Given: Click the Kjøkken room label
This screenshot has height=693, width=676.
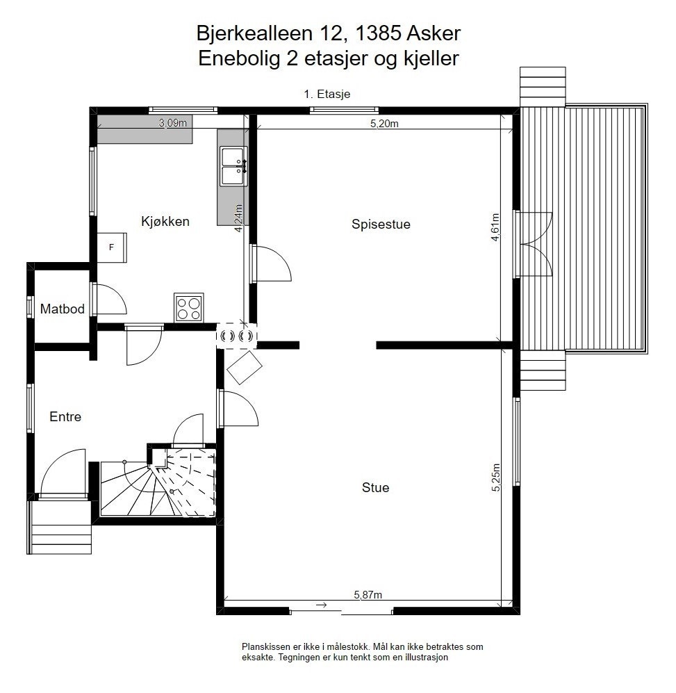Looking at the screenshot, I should [x=165, y=222].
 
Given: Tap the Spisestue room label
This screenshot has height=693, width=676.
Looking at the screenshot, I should [x=381, y=225].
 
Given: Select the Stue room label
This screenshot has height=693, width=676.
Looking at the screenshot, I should [x=375, y=488].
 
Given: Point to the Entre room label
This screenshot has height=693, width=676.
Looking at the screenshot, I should [x=65, y=417].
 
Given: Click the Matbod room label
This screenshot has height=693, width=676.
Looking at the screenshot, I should [x=62, y=309].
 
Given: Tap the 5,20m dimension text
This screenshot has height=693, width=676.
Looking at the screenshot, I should [x=384, y=124].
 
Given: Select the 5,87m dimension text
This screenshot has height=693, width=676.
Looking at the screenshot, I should [x=368, y=594].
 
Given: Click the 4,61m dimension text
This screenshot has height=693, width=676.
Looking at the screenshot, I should [x=495, y=227].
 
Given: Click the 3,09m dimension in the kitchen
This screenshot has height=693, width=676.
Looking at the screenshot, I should [x=173, y=123].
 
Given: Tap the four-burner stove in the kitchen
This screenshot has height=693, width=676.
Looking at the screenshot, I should [x=188, y=307].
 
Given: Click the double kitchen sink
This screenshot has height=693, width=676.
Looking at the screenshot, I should [x=234, y=167].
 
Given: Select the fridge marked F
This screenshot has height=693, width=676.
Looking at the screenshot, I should [x=111, y=247].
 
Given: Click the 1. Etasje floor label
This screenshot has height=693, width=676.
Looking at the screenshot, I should [x=330, y=95].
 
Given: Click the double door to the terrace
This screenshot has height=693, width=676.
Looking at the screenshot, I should [x=534, y=244].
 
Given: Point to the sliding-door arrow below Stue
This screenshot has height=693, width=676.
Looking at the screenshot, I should [x=321, y=606].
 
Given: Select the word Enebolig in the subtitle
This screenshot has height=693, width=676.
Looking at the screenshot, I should [x=238, y=59].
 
